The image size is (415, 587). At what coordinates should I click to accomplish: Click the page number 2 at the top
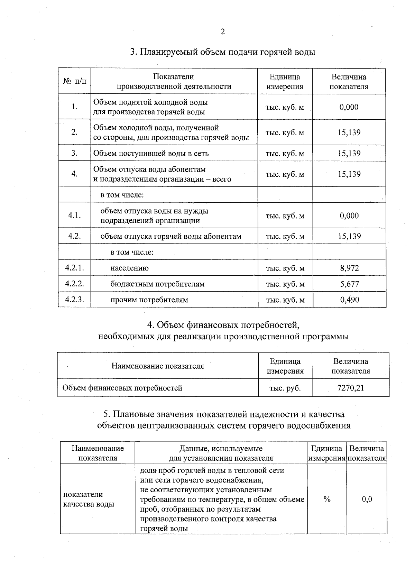tap(222, 32)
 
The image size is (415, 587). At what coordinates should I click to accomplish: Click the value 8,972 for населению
tap(349, 268)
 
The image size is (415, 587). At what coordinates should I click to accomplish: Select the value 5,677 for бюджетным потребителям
tap(349, 284)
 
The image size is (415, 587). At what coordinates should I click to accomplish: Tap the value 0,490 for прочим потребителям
tap(349, 300)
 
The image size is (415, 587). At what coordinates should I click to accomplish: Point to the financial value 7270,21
tap(350, 388)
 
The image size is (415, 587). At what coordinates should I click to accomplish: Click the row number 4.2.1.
tap(74, 268)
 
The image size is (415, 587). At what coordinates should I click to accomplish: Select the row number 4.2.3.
tap(74, 300)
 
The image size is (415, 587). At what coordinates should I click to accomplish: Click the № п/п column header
tap(74, 82)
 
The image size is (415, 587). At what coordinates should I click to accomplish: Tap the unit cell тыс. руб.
tap(285, 388)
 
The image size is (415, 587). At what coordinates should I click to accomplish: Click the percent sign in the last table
tap(327, 499)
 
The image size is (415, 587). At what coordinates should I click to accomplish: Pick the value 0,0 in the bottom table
tap(367, 499)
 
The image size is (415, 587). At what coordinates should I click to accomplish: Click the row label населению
tap(129, 268)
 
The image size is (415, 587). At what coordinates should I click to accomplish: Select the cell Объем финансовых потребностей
tap(122, 388)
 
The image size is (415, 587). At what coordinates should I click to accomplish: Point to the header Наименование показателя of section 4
tap(157, 366)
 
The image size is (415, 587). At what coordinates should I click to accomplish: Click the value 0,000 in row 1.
tap(349, 107)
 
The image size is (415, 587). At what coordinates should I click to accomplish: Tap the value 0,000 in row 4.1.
tap(349, 216)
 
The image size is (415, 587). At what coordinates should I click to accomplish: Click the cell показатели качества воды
tap(89, 499)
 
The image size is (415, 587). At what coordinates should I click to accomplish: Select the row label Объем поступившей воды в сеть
tap(151, 153)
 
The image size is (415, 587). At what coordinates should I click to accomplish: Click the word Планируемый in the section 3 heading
tap(170, 52)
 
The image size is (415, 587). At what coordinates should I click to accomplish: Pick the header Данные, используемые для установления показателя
tap(221, 453)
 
